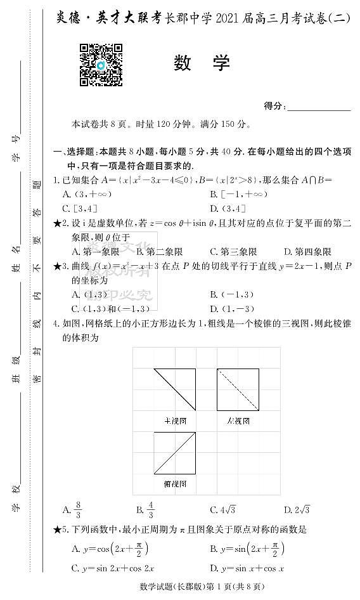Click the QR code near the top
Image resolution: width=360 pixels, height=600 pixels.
click(x=101, y=65)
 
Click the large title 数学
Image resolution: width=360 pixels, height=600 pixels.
click(x=202, y=63)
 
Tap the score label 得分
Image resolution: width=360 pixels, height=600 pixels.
click(x=275, y=106)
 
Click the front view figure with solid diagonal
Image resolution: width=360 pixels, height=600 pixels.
click(x=174, y=389)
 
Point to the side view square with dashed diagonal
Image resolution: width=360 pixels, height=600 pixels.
click(x=238, y=389)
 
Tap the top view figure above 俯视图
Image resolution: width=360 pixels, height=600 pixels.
click(x=174, y=453)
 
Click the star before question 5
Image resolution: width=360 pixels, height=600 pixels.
click(x=57, y=530)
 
